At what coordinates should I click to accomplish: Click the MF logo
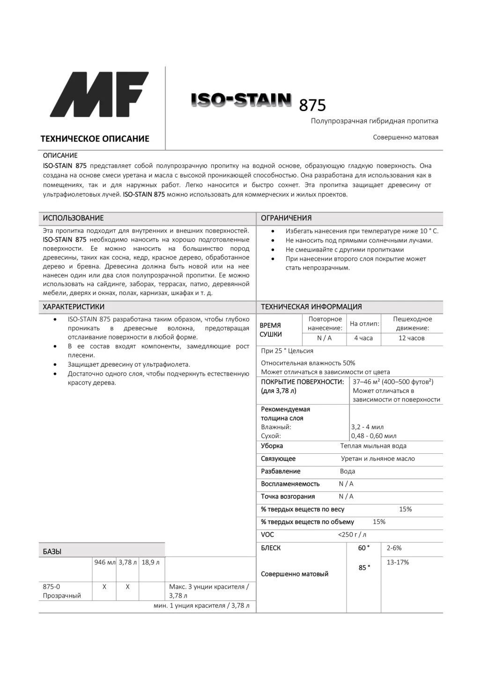(x=99, y=95)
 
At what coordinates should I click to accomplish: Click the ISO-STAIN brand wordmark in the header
(x=241, y=100)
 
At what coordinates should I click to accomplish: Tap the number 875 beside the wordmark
(x=312, y=106)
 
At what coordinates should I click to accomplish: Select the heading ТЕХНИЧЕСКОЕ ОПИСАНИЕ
(x=95, y=139)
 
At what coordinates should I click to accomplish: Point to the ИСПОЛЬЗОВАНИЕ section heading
(x=73, y=218)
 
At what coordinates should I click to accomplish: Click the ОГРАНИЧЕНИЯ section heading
(x=286, y=218)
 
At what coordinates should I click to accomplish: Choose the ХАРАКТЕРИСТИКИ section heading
(x=74, y=307)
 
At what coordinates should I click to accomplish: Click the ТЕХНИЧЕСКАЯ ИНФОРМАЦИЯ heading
(x=311, y=307)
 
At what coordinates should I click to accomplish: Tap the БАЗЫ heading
(x=52, y=552)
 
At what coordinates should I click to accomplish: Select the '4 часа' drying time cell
(x=363, y=338)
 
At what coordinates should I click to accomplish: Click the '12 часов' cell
(x=411, y=338)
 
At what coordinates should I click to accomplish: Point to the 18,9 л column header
(x=150, y=562)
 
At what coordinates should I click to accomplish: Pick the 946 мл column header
(x=104, y=562)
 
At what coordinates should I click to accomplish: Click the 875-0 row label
(x=52, y=587)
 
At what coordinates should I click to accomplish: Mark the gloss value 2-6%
(x=394, y=548)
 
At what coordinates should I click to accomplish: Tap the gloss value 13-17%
(x=398, y=562)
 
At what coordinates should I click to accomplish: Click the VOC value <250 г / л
(x=352, y=535)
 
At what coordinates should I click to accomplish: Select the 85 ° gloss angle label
(x=364, y=568)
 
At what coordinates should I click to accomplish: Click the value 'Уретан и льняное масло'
(x=377, y=459)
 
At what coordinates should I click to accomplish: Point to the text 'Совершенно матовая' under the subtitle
(x=406, y=138)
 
